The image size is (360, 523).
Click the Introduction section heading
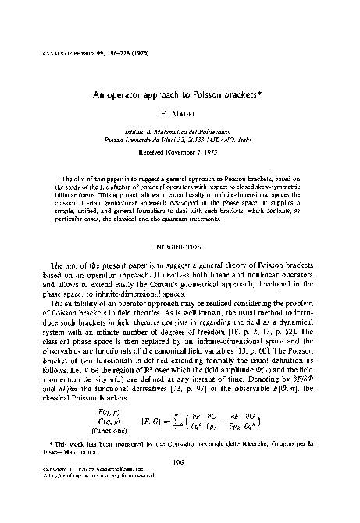[179, 250]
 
